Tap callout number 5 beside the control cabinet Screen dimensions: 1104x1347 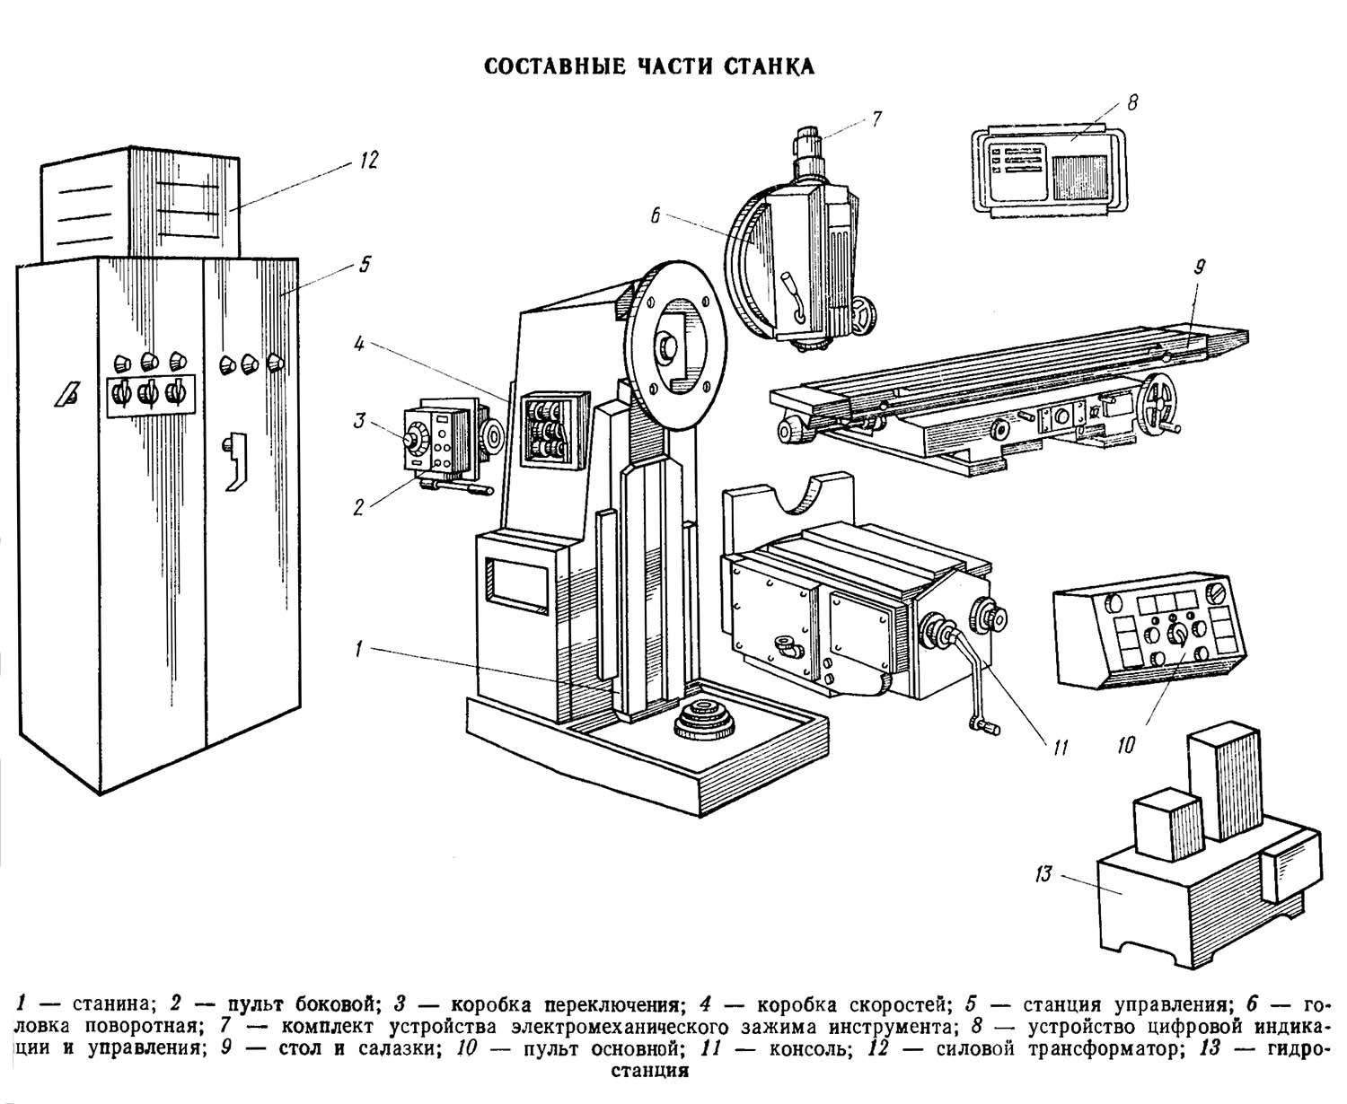point(365,265)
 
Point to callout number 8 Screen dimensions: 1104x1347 point(1132,102)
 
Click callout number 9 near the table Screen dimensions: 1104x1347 point(1200,267)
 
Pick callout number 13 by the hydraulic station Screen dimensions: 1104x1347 point(1043,873)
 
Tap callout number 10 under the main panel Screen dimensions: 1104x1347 point(1127,744)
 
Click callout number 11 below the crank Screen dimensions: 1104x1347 point(1060,745)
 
